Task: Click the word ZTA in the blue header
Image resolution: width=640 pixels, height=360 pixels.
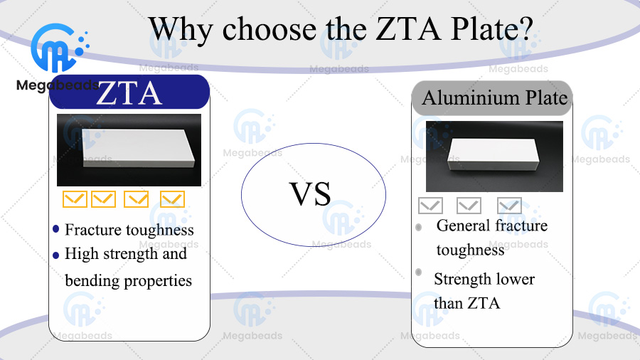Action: (x=129, y=93)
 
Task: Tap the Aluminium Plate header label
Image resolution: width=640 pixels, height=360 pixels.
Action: (x=495, y=98)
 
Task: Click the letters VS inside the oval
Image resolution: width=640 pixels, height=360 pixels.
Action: (x=310, y=194)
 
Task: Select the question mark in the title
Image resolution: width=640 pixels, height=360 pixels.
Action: (x=525, y=28)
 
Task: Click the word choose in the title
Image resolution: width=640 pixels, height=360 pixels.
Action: (x=270, y=29)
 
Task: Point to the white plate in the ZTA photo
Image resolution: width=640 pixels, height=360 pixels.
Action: (x=137, y=148)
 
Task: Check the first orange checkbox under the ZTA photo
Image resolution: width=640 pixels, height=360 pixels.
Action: (x=75, y=199)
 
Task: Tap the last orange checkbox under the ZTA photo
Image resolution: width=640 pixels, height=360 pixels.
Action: (x=172, y=199)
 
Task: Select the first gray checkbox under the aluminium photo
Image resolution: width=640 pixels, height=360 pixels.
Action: (x=431, y=206)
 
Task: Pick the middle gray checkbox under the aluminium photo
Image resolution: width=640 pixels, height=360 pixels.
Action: (x=469, y=206)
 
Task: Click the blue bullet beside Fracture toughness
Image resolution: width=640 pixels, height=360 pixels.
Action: (x=56, y=228)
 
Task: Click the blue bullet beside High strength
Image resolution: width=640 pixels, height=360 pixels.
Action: (x=56, y=256)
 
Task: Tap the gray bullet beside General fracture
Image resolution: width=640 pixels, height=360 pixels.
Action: (x=418, y=227)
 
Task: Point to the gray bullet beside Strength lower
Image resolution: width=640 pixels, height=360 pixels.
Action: (x=418, y=272)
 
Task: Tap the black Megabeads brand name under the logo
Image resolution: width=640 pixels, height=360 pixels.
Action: (x=57, y=85)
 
